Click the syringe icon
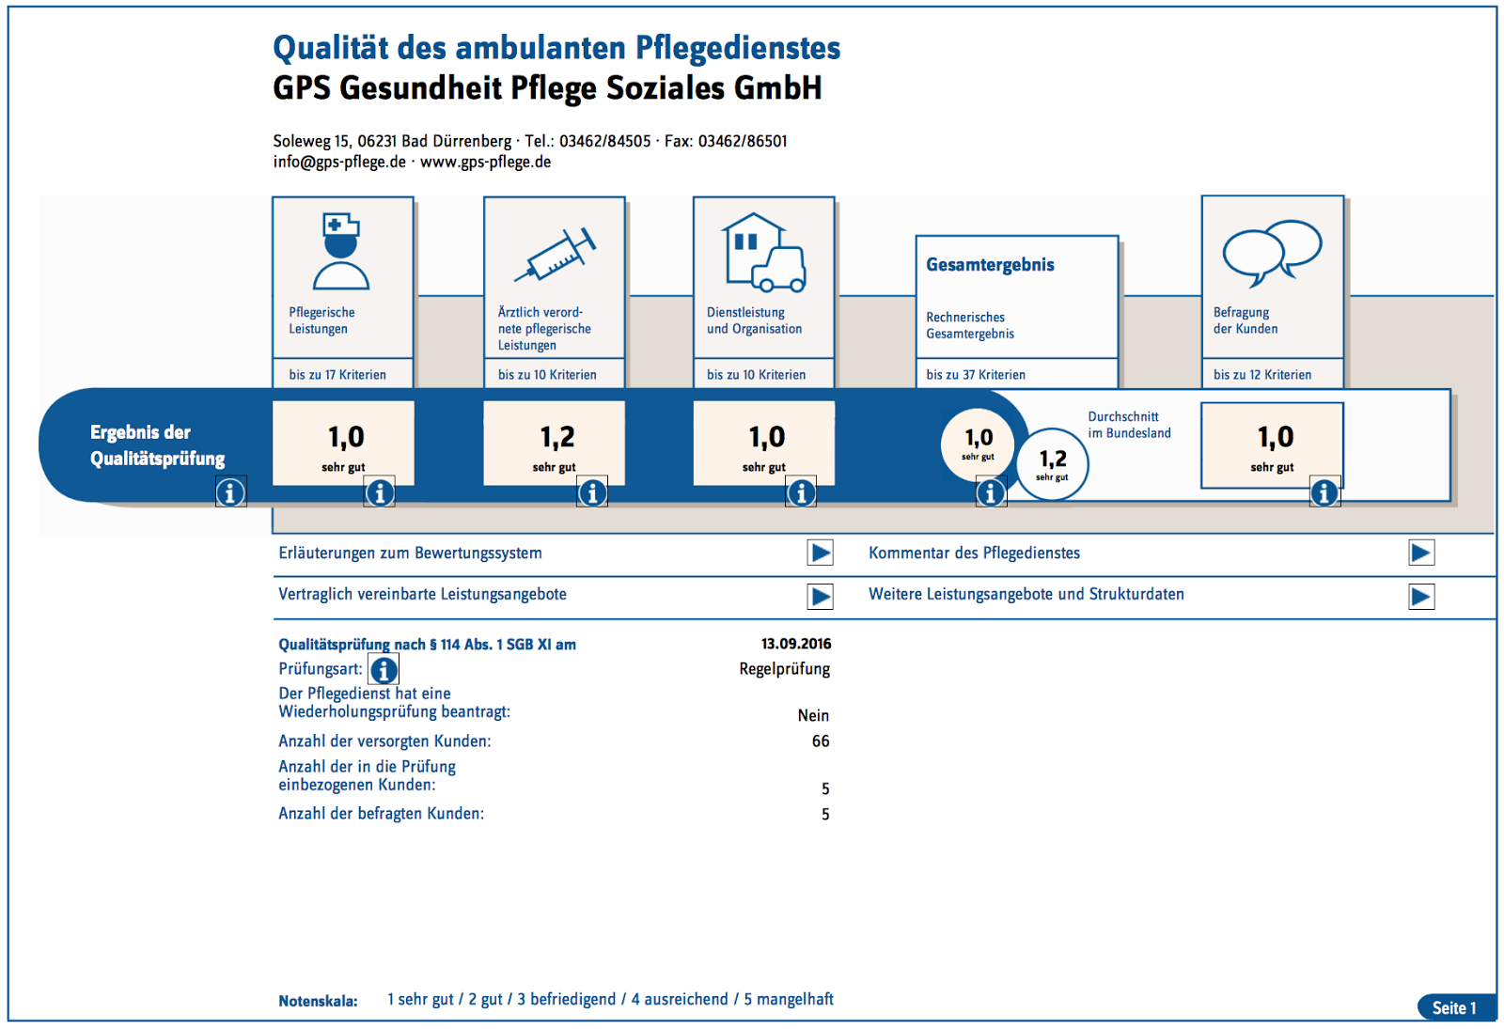pyautogui.click(x=556, y=255)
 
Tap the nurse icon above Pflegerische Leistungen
pyautogui.click(x=341, y=251)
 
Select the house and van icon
pyautogui.click(x=764, y=252)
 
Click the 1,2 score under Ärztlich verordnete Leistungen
pyautogui.click(x=556, y=438)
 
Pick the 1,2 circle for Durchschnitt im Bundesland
pyautogui.click(x=1053, y=462)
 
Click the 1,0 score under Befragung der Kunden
pyautogui.click(x=1276, y=438)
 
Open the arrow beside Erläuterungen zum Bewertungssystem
pyautogui.click(x=821, y=553)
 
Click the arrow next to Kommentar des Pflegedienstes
pyautogui.click(x=1421, y=553)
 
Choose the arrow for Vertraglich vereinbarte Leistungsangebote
pyautogui.click(x=821, y=596)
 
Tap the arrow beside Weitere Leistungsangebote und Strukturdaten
pyautogui.click(x=1421, y=596)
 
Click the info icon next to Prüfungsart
pyautogui.click(x=384, y=670)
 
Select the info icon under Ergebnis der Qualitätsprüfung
pyautogui.click(x=230, y=491)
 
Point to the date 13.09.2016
pyautogui.click(x=796, y=644)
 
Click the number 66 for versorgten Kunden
pyautogui.click(x=821, y=741)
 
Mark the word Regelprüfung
pyautogui.click(x=784, y=669)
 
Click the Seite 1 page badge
pyautogui.click(x=1454, y=1007)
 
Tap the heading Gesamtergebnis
pyautogui.click(x=990, y=265)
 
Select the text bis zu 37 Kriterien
pyautogui.click(x=976, y=375)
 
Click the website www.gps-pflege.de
pyautogui.click(x=485, y=162)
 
